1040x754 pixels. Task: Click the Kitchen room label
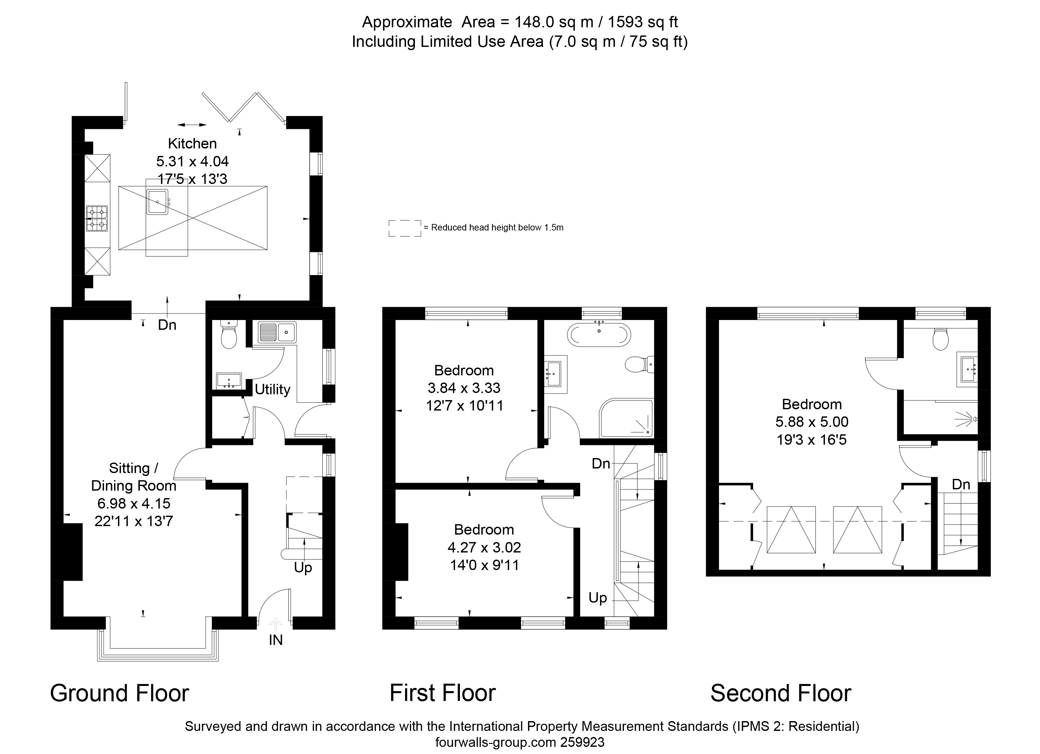click(x=192, y=143)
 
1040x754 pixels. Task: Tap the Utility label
click(x=272, y=389)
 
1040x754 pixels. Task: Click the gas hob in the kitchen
click(x=97, y=218)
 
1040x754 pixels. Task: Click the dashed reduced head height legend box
click(x=405, y=228)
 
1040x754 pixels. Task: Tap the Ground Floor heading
click(x=120, y=693)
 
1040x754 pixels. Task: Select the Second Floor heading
click(x=781, y=693)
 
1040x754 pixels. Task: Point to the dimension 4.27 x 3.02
click(x=484, y=547)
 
